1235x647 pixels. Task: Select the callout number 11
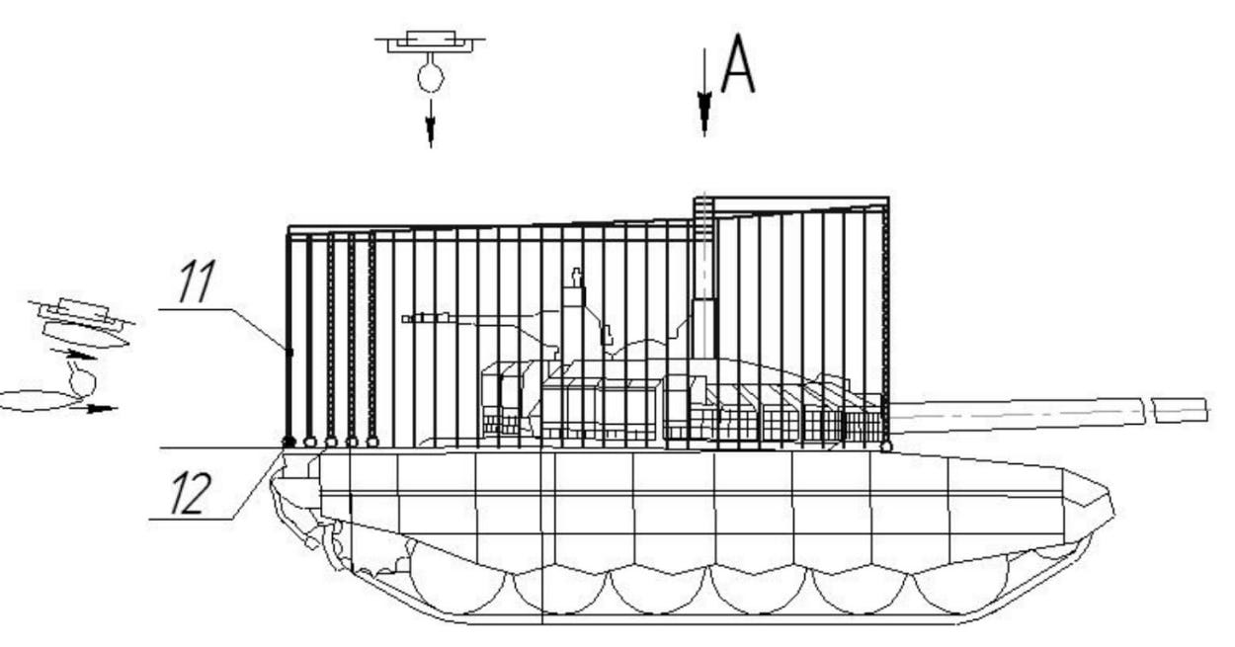click(196, 283)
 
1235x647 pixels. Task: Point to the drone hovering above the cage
click(430, 42)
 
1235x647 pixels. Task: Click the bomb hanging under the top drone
click(430, 77)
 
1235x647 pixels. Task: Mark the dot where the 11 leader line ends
click(289, 351)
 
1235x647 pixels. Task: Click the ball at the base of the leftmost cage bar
click(289, 442)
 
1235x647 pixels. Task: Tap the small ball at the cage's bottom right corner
click(885, 446)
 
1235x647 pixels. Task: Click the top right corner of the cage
click(888, 199)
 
